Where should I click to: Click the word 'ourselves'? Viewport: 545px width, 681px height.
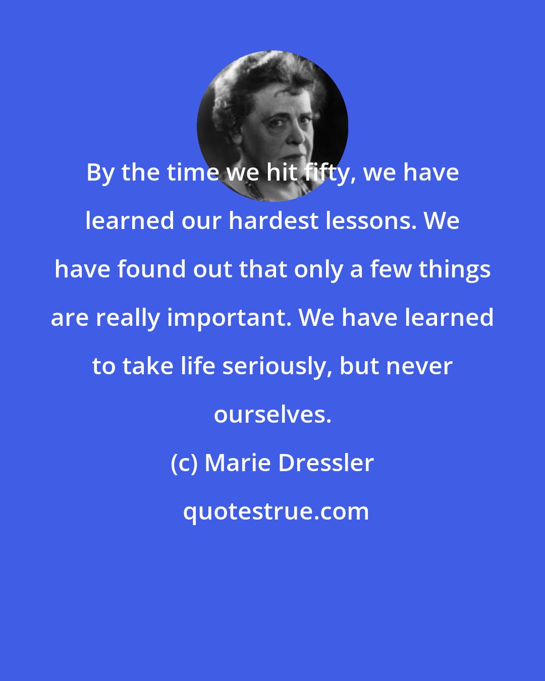(x=272, y=415)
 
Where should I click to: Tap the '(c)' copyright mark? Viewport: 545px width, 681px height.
(x=184, y=464)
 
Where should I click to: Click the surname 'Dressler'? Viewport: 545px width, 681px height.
(x=326, y=463)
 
